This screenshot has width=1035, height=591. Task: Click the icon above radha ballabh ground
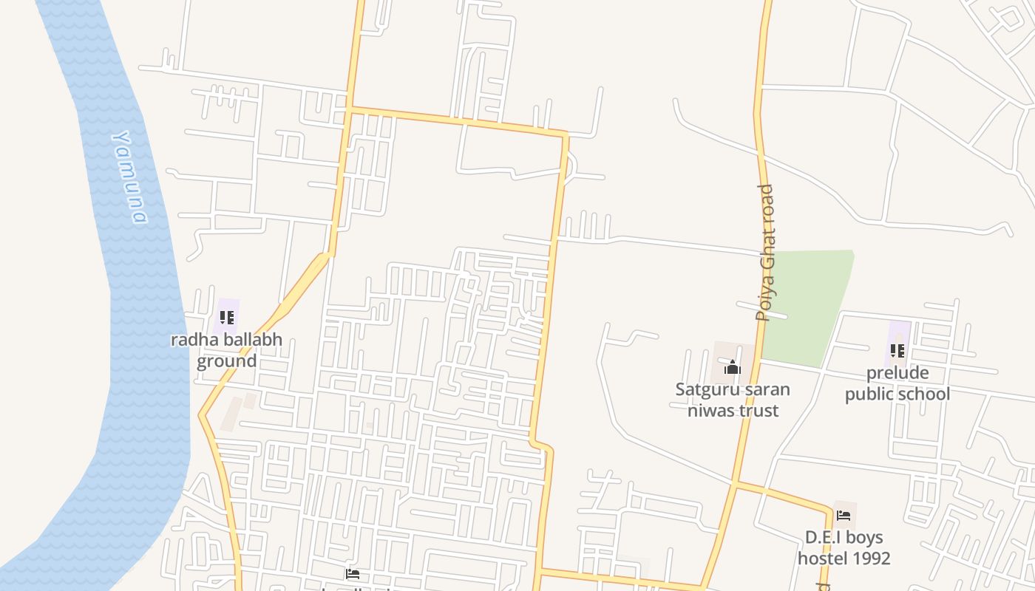(x=227, y=318)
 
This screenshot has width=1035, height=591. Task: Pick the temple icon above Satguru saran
(x=733, y=367)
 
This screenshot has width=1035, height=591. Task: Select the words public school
(x=897, y=394)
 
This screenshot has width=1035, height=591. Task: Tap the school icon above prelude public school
(x=897, y=350)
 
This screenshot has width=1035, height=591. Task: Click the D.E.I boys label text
(x=844, y=537)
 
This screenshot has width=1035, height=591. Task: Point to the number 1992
(x=871, y=558)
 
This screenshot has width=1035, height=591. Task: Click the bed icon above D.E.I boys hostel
(x=844, y=516)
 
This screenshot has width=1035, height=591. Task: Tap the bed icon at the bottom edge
(x=353, y=574)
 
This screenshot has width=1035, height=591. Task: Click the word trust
(x=759, y=410)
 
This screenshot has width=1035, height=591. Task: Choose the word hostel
(x=822, y=558)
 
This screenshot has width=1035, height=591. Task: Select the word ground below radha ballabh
(x=226, y=361)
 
